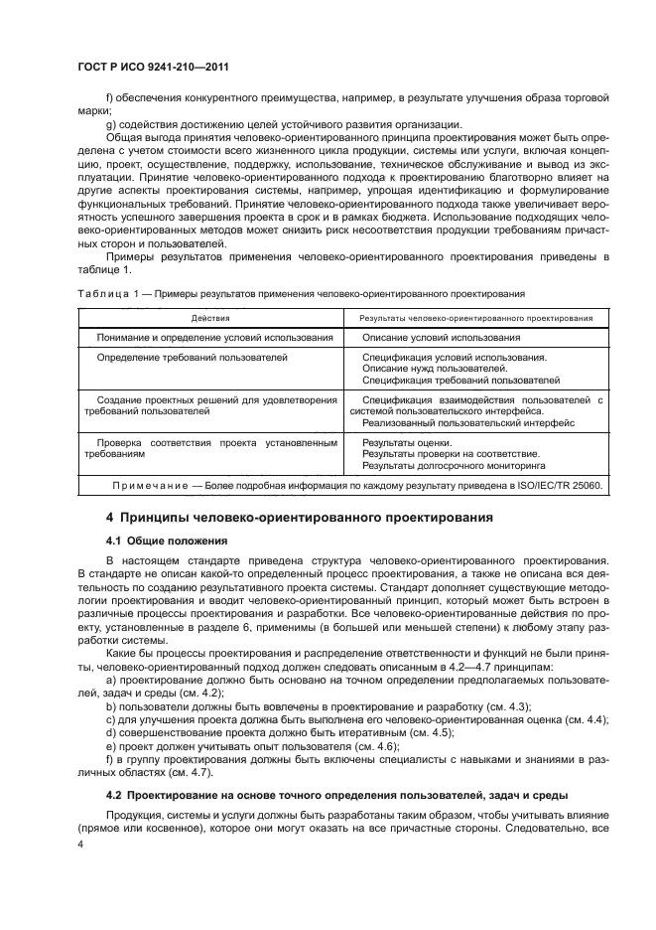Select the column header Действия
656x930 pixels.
click(x=210, y=318)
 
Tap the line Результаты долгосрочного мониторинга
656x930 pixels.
click(x=454, y=465)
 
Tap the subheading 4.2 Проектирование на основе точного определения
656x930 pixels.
click(x=336, y=797)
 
